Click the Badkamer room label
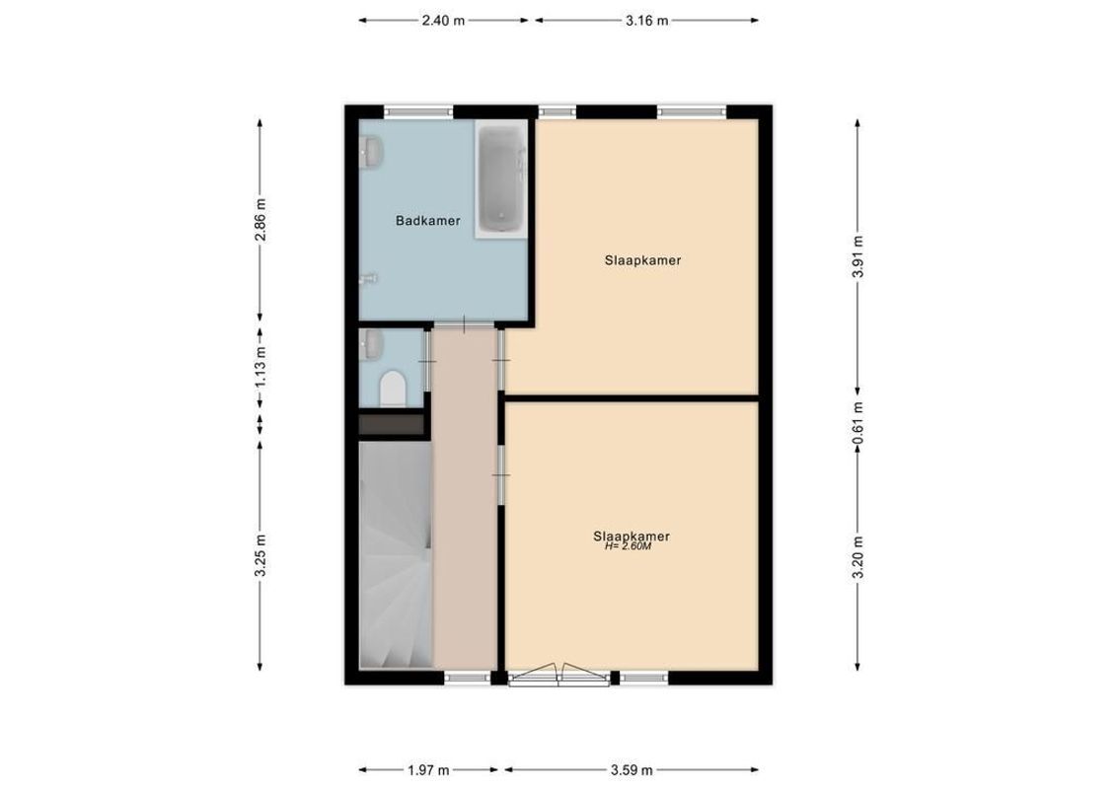click(x=427, y=221)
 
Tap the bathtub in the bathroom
click(x=503, y=179)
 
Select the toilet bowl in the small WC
click(x=392, y=390)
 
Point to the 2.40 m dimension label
click(x=443, y=20)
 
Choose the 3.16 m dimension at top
click(x=647, y=20)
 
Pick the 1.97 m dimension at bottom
click(x=428, y=770)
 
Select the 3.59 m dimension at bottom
click(x=632, y=770)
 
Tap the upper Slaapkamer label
click(x=643, y=261)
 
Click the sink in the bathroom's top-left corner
click(x=372, y=151)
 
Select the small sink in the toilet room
click(x=372, y=344)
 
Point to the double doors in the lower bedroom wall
click(x=559, y=676)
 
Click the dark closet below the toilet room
click(x=391, y=425)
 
